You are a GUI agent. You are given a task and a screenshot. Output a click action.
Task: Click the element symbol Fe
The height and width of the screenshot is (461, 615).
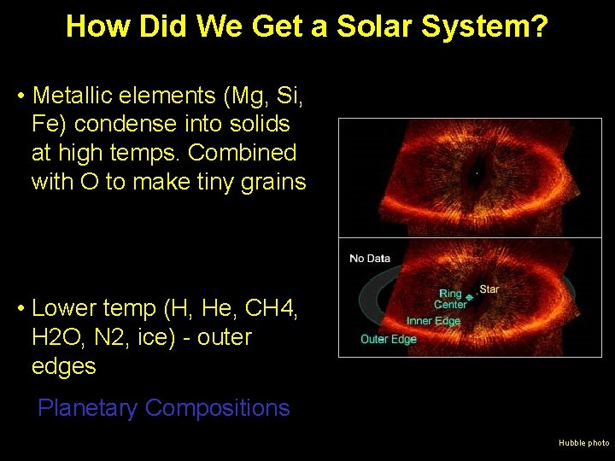pos(47,124)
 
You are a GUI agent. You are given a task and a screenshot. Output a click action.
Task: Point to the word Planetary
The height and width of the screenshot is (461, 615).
pos(87,408)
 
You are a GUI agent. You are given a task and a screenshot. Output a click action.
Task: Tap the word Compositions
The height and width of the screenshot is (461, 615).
pos(217,408)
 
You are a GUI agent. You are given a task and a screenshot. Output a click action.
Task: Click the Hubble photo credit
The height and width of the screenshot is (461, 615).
pos(583,443)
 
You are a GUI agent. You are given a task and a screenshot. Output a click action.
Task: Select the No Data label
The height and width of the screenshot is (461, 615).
pos(369,259)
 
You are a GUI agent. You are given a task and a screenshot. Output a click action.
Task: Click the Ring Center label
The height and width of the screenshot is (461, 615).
pos(450,300)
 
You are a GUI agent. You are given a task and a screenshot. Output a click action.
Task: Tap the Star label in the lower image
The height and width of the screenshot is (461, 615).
pos(489,289)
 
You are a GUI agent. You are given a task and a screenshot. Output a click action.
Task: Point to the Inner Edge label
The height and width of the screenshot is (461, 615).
pos(433,321)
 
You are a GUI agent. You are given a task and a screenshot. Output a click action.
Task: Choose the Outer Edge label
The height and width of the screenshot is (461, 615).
pos(388,340)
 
